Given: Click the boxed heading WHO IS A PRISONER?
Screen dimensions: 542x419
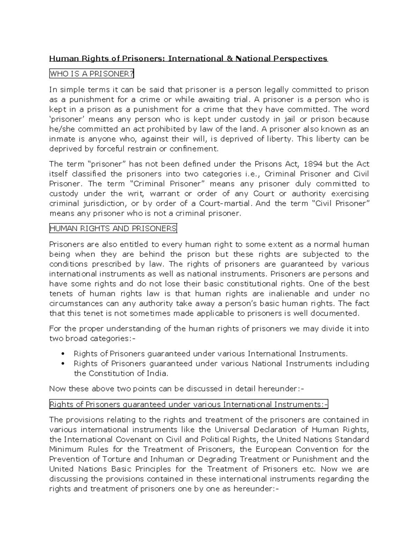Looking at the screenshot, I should (x=92, y=74).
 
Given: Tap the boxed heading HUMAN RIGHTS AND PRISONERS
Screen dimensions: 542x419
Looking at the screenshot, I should (x=113, y=229).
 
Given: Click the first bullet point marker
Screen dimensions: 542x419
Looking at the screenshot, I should (x=63, y=354).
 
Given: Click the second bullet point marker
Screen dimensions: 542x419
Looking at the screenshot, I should (x=63, y=364).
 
